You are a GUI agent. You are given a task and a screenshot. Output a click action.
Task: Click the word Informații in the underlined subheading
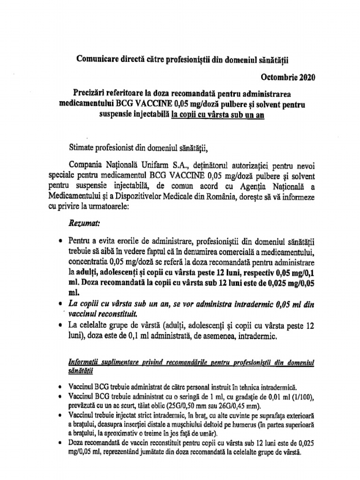coord(84,362)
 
